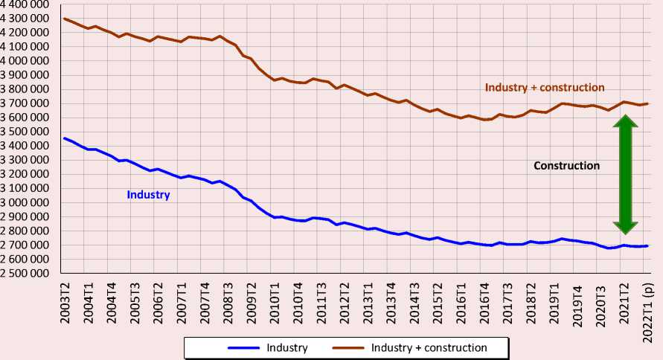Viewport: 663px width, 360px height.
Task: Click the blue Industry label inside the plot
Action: (149, 195)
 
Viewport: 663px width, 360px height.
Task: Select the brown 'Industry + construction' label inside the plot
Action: (545, 87)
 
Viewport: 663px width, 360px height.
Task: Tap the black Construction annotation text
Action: (566, 166)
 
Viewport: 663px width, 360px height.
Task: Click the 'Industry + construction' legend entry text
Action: (429, 347)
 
